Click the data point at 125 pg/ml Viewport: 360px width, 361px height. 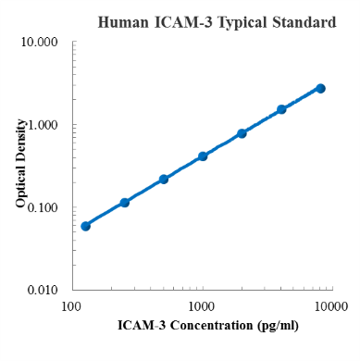[85, 226]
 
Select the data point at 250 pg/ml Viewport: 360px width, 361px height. [125, 202]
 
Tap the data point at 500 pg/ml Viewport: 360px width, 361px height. [164, 179]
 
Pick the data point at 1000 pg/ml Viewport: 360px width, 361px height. [203, 156]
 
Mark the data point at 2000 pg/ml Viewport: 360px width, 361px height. [242, 133]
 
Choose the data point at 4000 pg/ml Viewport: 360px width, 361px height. [281, 109]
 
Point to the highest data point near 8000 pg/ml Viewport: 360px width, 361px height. [320, 88]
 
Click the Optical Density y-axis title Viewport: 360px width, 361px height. [20, 167]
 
